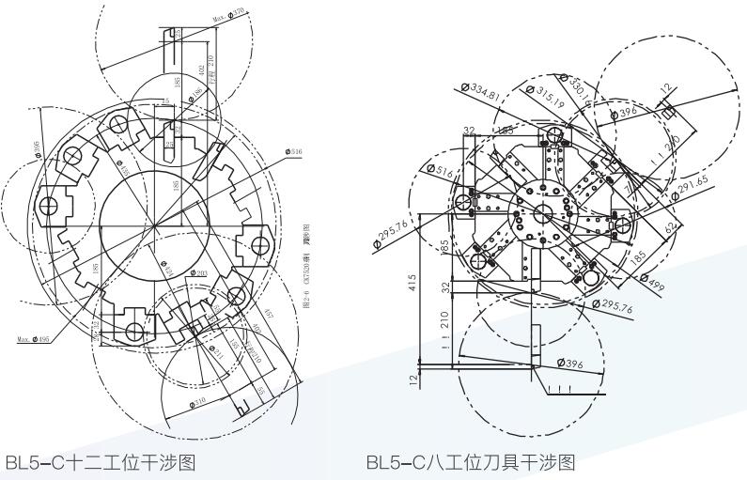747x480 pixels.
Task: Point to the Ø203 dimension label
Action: coord(198,273)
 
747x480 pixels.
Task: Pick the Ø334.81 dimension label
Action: coord(482,89)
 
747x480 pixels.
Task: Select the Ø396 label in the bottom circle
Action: coord(571,362)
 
